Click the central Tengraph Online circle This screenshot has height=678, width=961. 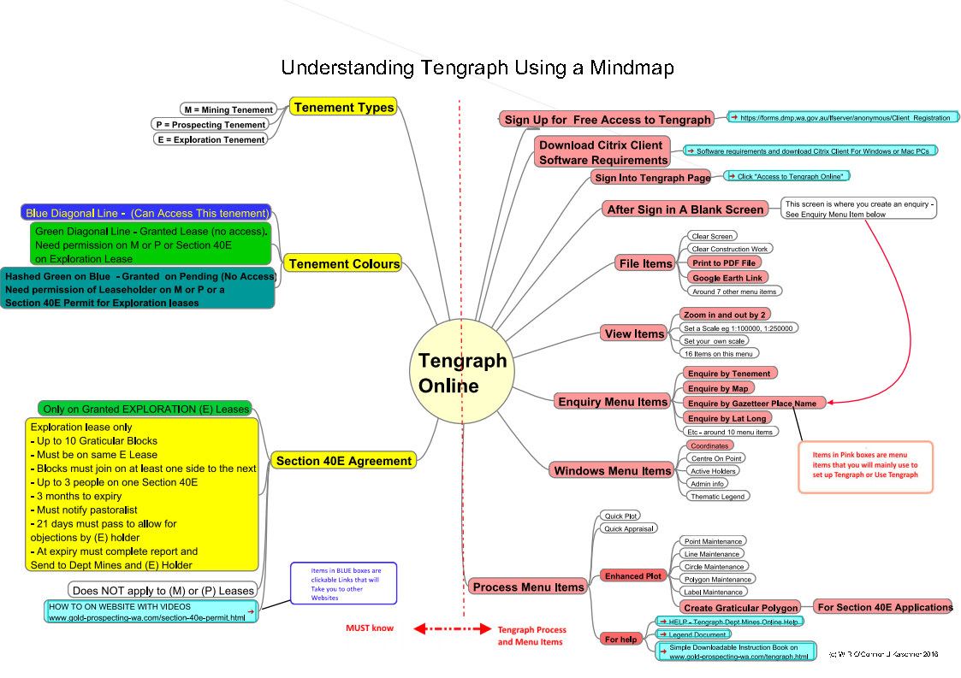coord(462,374)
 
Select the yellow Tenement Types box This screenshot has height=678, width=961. coord(343,107)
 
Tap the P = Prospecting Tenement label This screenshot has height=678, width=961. coord(209,125)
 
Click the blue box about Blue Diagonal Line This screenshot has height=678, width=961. coord(145,213)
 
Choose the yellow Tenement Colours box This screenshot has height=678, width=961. coord(344,263)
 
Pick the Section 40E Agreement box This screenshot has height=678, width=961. coord(343,461)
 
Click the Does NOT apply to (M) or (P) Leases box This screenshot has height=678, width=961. coord(163,590)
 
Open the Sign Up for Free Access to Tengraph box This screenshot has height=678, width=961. coord(608,120)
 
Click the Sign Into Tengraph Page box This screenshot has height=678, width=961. coord(652,178)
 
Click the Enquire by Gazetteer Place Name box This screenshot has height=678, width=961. coord(752,403)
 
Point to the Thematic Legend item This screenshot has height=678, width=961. coord(717,496)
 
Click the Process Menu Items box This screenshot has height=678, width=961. coord(528,587)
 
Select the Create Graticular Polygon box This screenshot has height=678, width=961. coord(741,608)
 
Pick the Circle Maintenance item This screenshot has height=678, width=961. coord(713,567)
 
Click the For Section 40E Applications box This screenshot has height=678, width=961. coord(884,607)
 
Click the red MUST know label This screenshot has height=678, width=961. coord(370,628)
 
